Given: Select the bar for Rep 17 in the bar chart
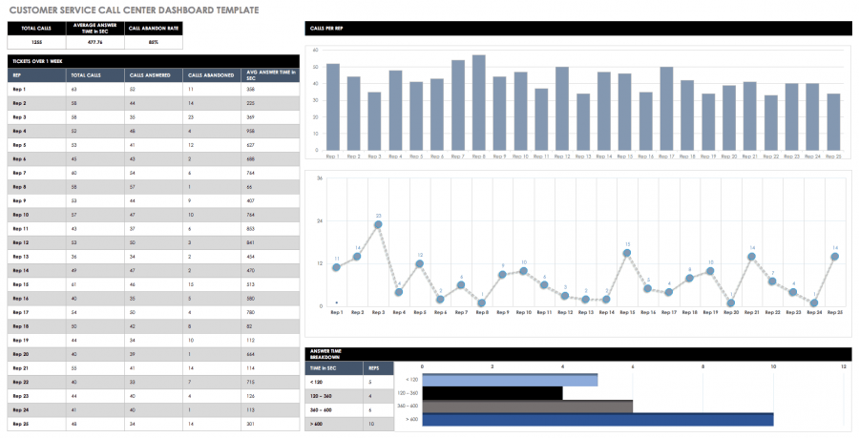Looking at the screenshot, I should [666, 109].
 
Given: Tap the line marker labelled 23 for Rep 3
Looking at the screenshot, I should [378, 225].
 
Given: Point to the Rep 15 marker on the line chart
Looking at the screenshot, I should [626, 253].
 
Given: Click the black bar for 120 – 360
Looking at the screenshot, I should [492, 392].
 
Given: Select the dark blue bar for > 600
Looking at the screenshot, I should [597, 419].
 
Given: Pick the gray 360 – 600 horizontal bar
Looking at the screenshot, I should [527, 406].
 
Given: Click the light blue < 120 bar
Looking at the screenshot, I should [510, 379].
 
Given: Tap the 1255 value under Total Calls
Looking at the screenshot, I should [36, 42].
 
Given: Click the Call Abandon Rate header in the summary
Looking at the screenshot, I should [154, 29].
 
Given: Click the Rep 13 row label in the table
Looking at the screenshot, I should [20, 256].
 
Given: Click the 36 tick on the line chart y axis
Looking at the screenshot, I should [320, 177].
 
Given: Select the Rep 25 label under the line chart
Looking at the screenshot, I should [834, 312].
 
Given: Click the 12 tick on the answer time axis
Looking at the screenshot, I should [844, 366].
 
